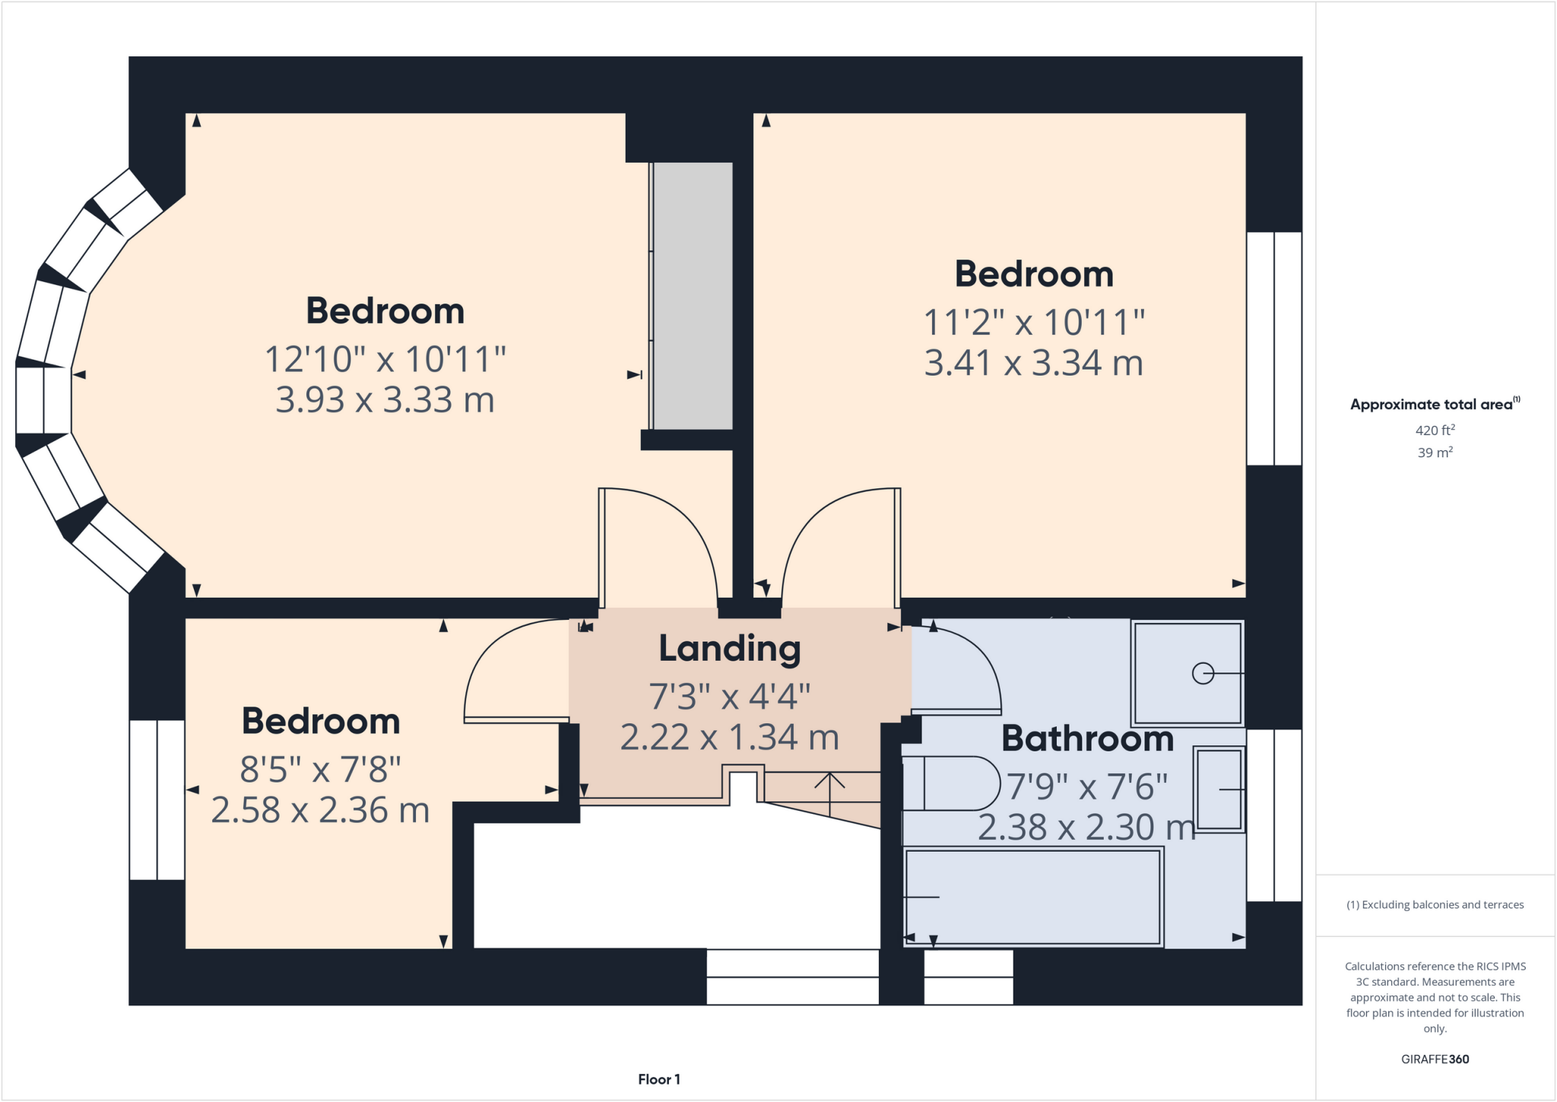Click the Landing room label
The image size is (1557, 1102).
(729, 649)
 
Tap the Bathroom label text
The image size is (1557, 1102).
(1087, 739)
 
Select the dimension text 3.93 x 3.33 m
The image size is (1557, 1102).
(385, 400)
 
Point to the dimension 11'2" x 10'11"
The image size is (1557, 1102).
(1033, 322)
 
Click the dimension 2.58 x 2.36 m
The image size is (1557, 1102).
(320, 811)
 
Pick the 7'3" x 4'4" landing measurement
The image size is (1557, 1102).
(729, 696)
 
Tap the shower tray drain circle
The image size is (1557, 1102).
(1202, 673)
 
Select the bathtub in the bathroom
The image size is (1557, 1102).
(1032, 897)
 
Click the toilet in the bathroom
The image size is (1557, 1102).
(950, 783)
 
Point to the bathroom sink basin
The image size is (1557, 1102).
(1219, 789)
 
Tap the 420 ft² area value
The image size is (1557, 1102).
(1435, 430)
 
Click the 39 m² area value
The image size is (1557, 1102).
(1435, 453)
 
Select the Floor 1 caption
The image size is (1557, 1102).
(658, 1079)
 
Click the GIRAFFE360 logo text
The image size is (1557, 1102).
(1435, 1059)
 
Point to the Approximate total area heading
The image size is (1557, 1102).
(1432, 405)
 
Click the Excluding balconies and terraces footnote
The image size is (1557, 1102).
(1435, 905)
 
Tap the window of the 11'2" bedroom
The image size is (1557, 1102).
(1274, 348)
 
